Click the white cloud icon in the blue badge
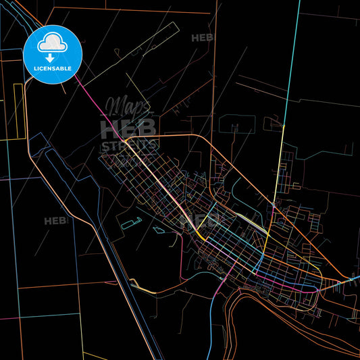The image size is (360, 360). (x=53, y=44)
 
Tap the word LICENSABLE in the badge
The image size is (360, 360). (x=53, y=68)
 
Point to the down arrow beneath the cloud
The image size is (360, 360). (x=50, y=58)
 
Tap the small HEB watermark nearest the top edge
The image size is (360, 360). (x=202, y=38)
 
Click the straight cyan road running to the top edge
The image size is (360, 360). (x=290, y=68)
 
